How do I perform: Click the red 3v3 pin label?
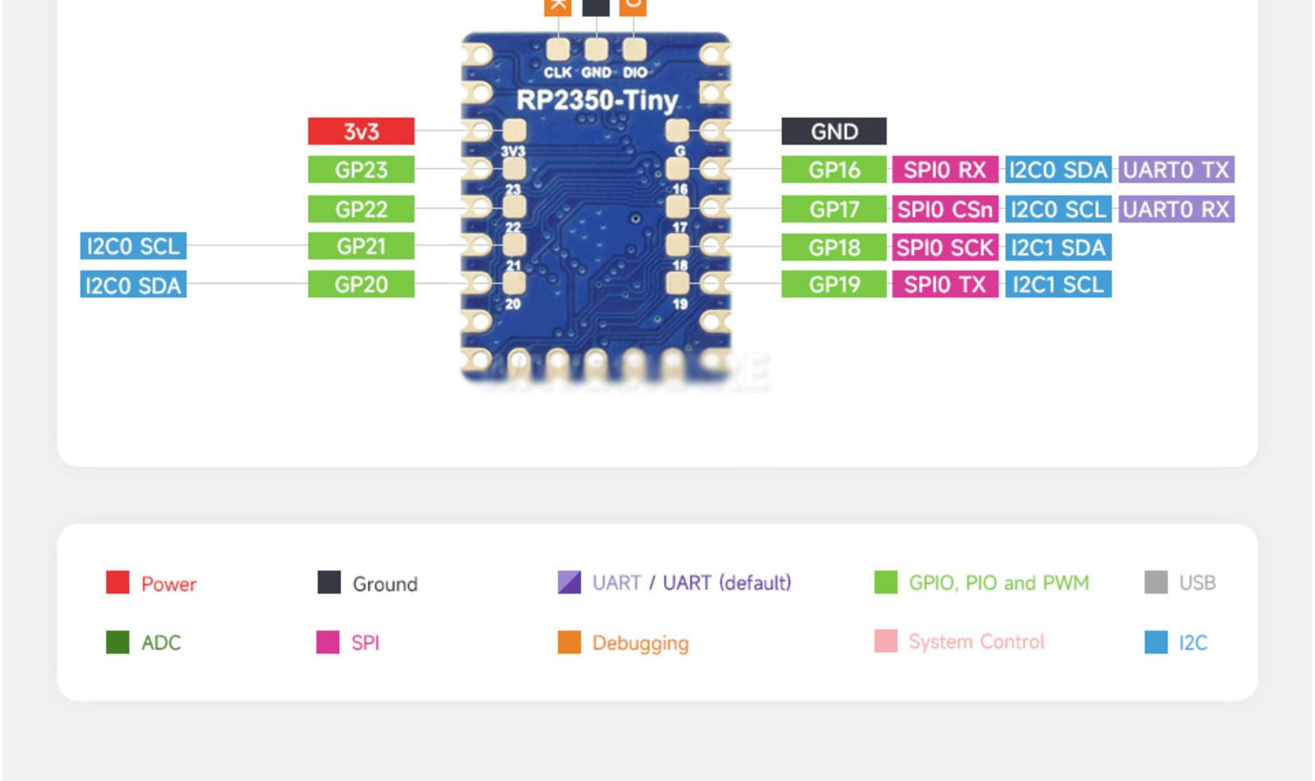pos(361,132)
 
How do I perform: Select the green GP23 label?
pos(361,170)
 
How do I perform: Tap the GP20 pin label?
pos(361,284)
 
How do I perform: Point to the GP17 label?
pos(833,209)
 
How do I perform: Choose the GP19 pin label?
pos(833,284)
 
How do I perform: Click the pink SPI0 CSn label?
pos(944,209)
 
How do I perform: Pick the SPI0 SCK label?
pos(944,247)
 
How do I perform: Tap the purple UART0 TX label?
pos(1175,170)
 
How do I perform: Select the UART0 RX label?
pos(1175,209)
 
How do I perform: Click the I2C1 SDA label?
pos(1058,247)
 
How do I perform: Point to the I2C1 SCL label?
pos(1058,284)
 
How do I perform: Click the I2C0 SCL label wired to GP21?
pos(133,246)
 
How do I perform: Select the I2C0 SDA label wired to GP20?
pos(133,285)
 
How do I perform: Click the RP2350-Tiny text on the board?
pos(596,101)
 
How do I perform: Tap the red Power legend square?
pos(118,582)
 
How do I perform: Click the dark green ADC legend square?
pos(118,642)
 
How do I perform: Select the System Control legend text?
pos(976,641)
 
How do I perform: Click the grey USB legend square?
pos(1156,582)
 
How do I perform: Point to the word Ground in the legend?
pos(385,584)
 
